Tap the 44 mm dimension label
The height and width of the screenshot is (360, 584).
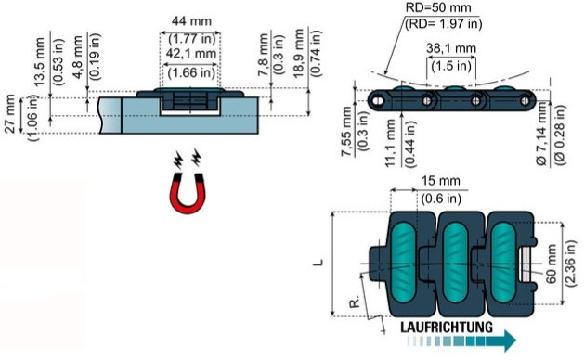tap(191, 21)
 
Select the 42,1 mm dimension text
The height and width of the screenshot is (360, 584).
tap(191, 54)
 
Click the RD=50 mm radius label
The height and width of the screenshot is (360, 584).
tap(438, 7)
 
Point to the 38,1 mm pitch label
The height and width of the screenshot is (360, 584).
tap(451, 48)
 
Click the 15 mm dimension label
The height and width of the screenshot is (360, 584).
tap(441, 181)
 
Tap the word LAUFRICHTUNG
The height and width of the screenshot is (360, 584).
tap(447, 328)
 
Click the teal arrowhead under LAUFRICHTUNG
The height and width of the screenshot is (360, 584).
tap(509, 341)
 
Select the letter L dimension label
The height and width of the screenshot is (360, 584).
tap(318, 262)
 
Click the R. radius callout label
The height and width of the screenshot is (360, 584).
tap(356, 302)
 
